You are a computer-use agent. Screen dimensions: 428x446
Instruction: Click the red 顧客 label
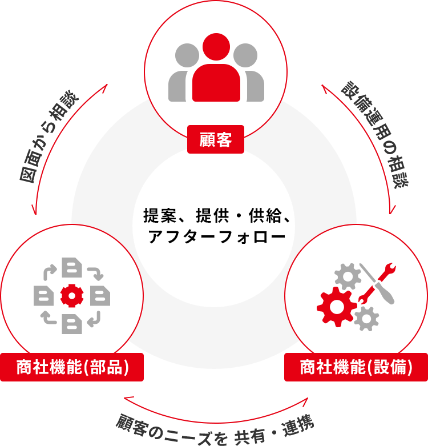tap(215, 139)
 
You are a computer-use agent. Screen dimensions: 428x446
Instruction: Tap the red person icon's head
tap(216, 47)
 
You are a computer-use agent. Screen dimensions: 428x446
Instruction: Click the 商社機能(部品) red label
tap(72, 367)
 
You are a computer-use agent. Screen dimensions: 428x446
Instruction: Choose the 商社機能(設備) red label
tap(356, 367)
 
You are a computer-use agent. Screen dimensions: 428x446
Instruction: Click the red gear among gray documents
tap(72, 296)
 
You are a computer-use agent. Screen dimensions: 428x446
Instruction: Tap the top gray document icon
tap(72, 267)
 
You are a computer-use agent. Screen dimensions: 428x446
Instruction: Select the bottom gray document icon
tap(72, 324)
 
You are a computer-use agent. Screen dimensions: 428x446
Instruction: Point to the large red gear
tap(337, 307)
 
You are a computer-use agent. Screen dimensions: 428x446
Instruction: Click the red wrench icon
tap(377, 283)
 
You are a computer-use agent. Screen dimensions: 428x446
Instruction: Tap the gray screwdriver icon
tap(377, 284)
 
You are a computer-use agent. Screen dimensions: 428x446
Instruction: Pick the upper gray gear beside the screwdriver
tap(348, 276)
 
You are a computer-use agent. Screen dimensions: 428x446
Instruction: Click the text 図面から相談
tap(49, 136)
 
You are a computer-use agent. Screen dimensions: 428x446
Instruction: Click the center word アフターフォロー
tap(216, 236)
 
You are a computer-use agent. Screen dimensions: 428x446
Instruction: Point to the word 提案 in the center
tap(160, 215)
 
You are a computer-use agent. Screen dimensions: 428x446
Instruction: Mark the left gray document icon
tap(43, 296)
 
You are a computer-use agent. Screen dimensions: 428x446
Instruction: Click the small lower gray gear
tap(366, 319)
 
